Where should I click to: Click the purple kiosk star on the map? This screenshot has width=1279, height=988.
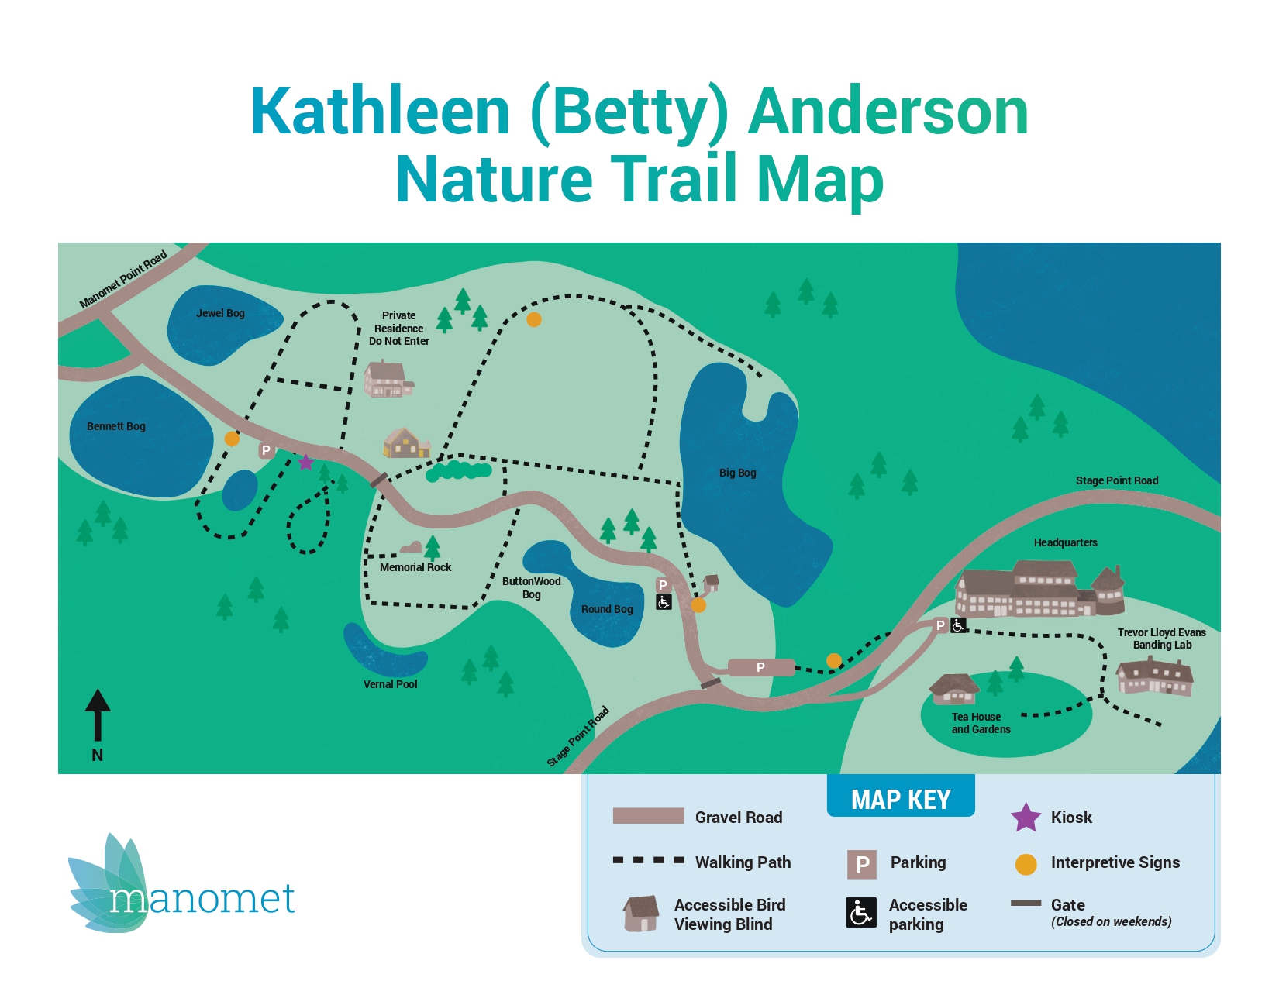tap(306, 463)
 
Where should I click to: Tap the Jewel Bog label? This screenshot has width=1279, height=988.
tap(220, 313)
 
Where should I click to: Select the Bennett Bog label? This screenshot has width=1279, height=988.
tap(116, 426)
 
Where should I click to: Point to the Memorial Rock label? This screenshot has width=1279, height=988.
tap(415, 567)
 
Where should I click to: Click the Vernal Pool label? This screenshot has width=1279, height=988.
tap(390, 684)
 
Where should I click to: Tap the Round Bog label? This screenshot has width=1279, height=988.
tap(607, 609)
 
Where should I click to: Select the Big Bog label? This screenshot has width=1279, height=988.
tap(737, 473)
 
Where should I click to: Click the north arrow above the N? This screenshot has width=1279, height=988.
tap(98, 713)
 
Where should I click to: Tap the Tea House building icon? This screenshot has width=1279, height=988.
tap(954, 688)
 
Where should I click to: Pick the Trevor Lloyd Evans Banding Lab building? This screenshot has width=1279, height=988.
tap(1153, 676)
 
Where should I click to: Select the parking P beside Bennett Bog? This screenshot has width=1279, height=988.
tap(266, 450)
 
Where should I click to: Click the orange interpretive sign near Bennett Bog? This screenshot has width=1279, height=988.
tap(232, 439)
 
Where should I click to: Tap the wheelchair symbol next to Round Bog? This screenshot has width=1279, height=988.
tap(664, 602)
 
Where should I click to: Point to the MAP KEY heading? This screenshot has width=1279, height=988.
tap(901, 799)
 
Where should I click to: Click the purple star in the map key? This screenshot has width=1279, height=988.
tap(1026, 818)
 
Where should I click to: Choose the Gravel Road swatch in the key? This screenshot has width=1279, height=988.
tap(648, 816)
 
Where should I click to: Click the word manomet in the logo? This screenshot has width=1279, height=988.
tap(202, 899)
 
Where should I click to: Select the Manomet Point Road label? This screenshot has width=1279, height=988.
tap(123, 279)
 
